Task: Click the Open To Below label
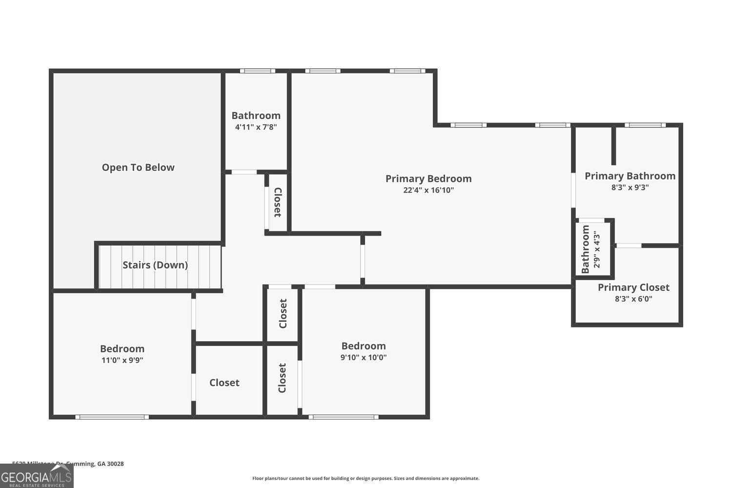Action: (x=138, y=167)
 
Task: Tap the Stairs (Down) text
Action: (x=155, y=265)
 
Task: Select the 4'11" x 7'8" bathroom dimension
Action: (x=256, y=127)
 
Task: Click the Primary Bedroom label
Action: (x=428, y=179)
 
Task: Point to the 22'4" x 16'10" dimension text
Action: (x=428, y=190)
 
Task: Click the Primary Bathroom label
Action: (x=630, y=176)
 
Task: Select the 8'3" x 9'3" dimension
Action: (x=630, y=187)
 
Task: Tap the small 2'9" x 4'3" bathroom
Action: (x=590, y=249)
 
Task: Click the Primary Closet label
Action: (x=633, y=287)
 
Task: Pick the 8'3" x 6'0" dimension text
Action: (x=633, y=299)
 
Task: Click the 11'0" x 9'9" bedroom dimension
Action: (x=122, y=361)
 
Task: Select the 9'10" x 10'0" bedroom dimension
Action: (x=364, y=357)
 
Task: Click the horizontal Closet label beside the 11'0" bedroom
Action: (x=224, y=383)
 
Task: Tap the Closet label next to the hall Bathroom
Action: (x=277, y=203)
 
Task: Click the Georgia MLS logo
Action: (x=37, y=476)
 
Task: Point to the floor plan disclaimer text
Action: (x=366, y=479)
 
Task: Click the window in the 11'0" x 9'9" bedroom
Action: (x=112, y=417)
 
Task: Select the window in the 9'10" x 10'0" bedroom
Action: (x=344, y=417)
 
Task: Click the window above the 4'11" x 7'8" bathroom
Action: (x=257, y=71)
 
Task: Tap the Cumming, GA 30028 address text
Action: (x=95, y=464)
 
